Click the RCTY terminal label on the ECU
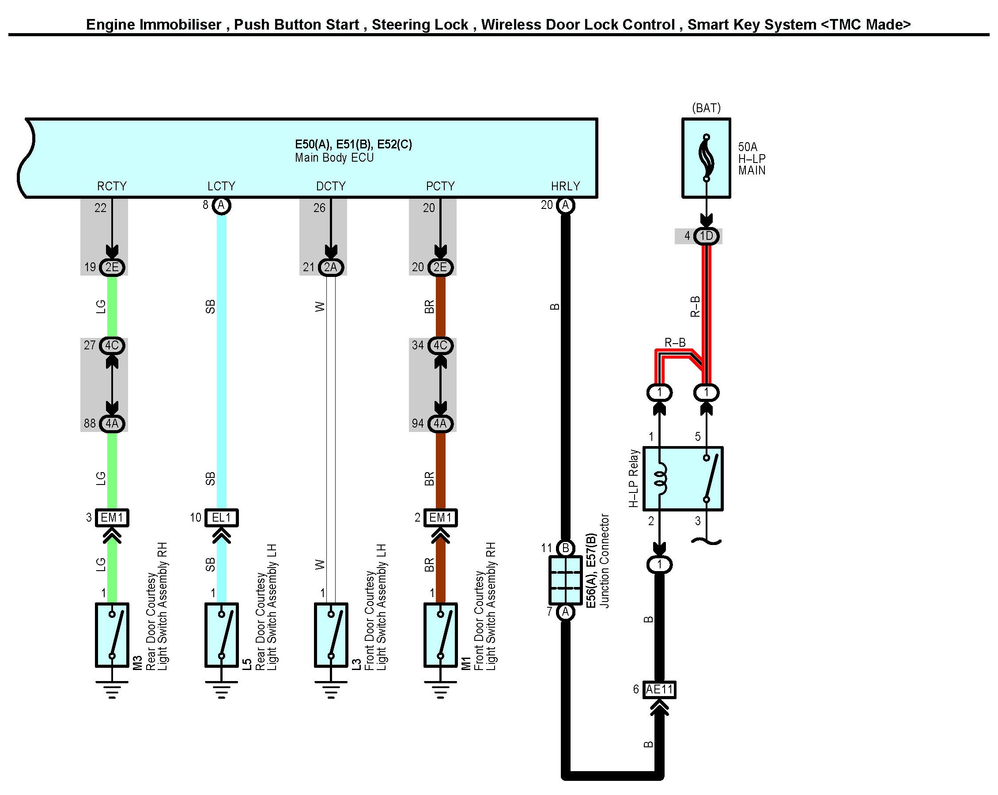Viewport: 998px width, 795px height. coord(112,186)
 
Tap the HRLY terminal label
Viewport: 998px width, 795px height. coord(565,186)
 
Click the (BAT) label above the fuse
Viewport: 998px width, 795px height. coord(706,108)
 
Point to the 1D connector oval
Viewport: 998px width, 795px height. coord(706,236)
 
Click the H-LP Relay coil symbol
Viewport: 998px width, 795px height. coord(660,478)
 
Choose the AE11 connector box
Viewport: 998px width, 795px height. coord(659,689)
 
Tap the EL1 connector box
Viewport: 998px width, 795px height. coord(221,517)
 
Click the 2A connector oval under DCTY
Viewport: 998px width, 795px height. coord(330,267)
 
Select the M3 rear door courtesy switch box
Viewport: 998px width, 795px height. coord(112,635)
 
